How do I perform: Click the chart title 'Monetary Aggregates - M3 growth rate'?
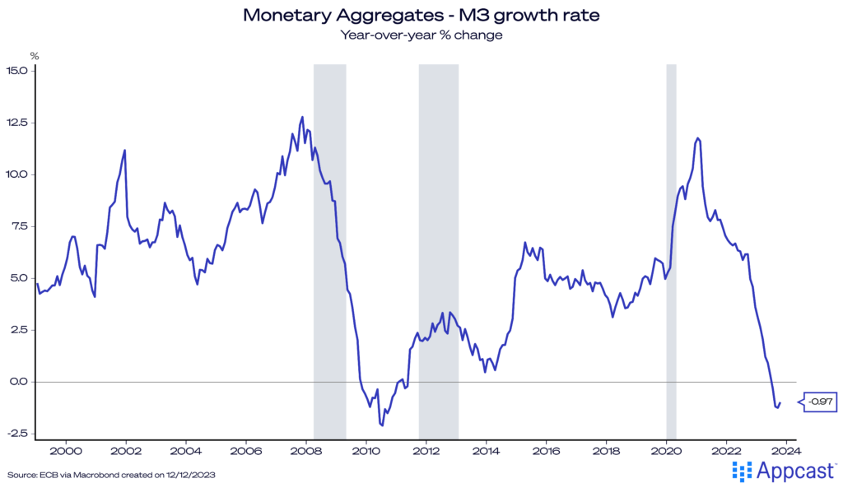pyautogui.click(x=421, y=15)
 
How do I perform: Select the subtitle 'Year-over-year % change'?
pyautogui.click(x=421, y=35)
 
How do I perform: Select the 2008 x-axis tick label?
pyautogui.click(x=306, y=450)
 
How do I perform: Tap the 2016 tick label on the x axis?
pyautogui.click(x=547, y=450)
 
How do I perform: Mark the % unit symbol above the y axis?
pyautogui.click(x=35, y=56)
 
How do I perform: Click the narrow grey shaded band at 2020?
pyautogui.click(x=671, y=247)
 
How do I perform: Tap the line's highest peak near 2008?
pyautogui.click(x=302, y=117)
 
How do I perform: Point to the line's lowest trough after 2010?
pyautogui.click(x=382, y=425)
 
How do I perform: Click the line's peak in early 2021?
pyautogui.click(x=698, y=138)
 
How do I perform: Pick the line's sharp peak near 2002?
pyautogui.click(x=124, y=150)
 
